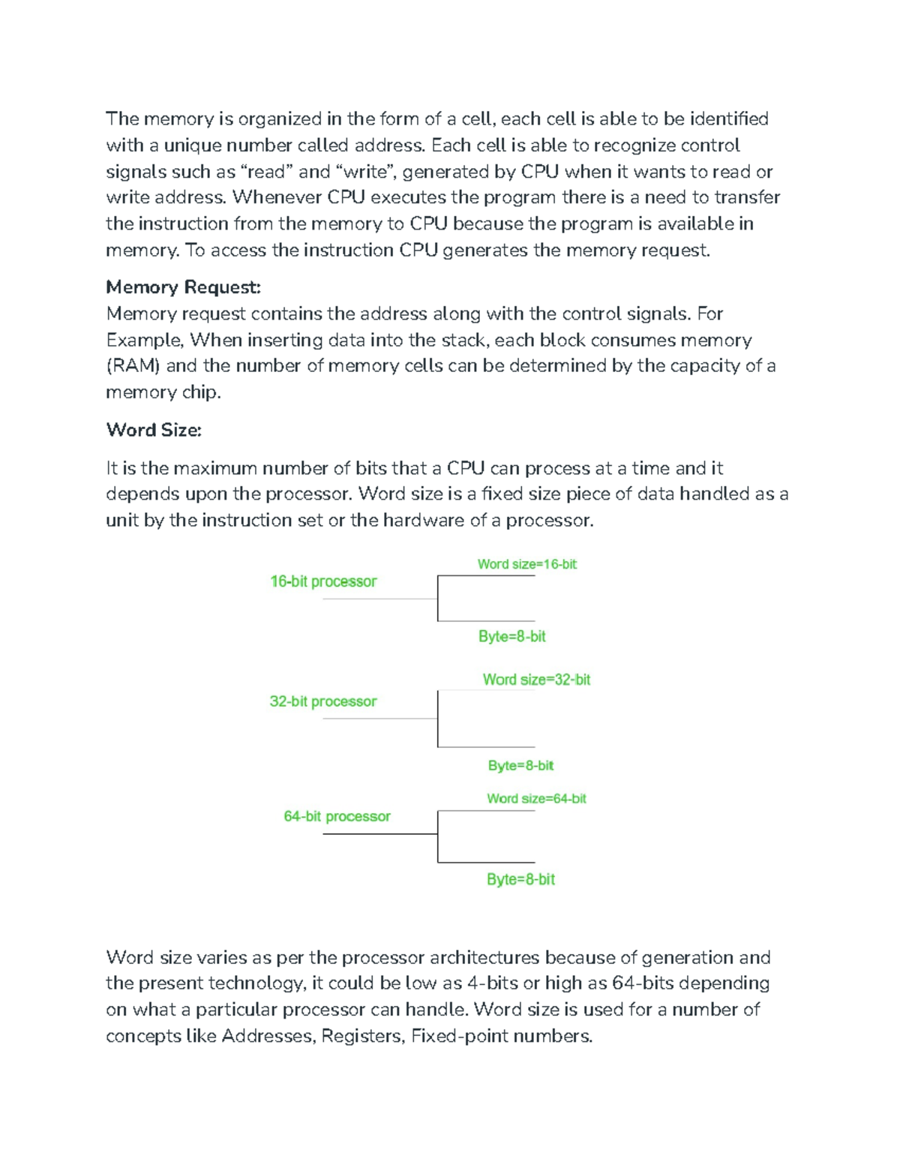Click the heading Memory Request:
[x=183, y=287]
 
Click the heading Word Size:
[x=154, y=430]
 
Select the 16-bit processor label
[x=323, y=581]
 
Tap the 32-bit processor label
[x=323, y=701]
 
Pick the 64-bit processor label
[x=337, y=816]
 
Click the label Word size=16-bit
[x=526, y=564]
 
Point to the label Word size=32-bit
[x=536, y=680]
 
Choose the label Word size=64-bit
[x=536, y=799]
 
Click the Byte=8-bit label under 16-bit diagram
[x=512, y=636]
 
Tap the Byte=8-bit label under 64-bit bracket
[x=520, y=879]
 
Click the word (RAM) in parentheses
[x=133, y=366]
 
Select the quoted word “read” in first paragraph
[x=266, y=172]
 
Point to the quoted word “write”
[x=367, y=172]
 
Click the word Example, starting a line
[x=145, y=340]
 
